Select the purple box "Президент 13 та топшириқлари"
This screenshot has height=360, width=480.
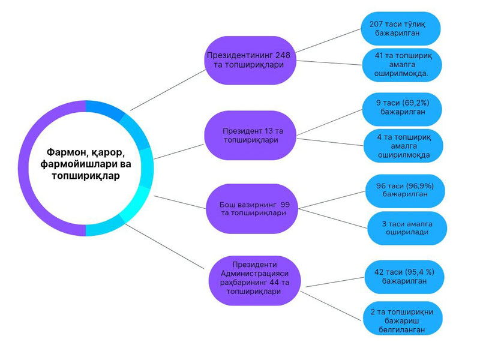click(x=251, y=134)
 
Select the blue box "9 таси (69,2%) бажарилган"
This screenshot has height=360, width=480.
click(x=403, y=107)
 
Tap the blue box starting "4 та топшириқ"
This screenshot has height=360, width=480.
click(x=403, y=146)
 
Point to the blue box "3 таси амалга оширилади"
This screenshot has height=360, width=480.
click(x=407, y=228)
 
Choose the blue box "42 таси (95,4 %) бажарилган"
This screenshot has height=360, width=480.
click(x=403, y=275)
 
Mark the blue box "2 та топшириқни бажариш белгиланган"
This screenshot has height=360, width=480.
click(x=403, y=318)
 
